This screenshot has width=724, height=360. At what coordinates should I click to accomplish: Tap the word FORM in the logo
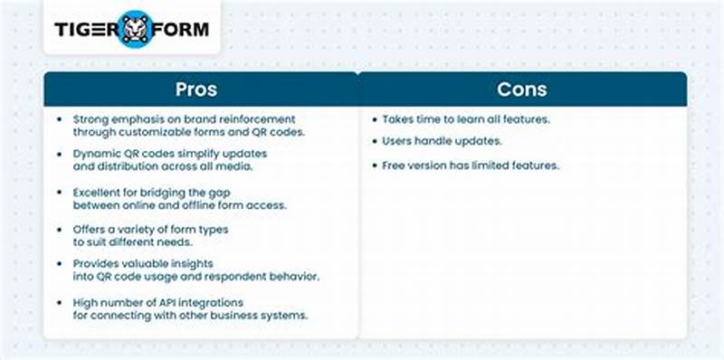180,28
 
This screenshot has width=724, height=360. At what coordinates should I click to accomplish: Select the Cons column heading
522,91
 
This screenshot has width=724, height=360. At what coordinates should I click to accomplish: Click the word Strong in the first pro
90,119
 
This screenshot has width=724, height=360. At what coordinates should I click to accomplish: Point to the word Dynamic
97,155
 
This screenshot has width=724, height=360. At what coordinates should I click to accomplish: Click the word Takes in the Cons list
398,119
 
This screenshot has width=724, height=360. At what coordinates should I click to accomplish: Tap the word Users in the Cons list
398,142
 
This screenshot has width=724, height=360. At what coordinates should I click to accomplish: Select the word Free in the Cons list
395,166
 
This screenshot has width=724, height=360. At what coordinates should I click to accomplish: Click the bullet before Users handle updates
375,142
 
